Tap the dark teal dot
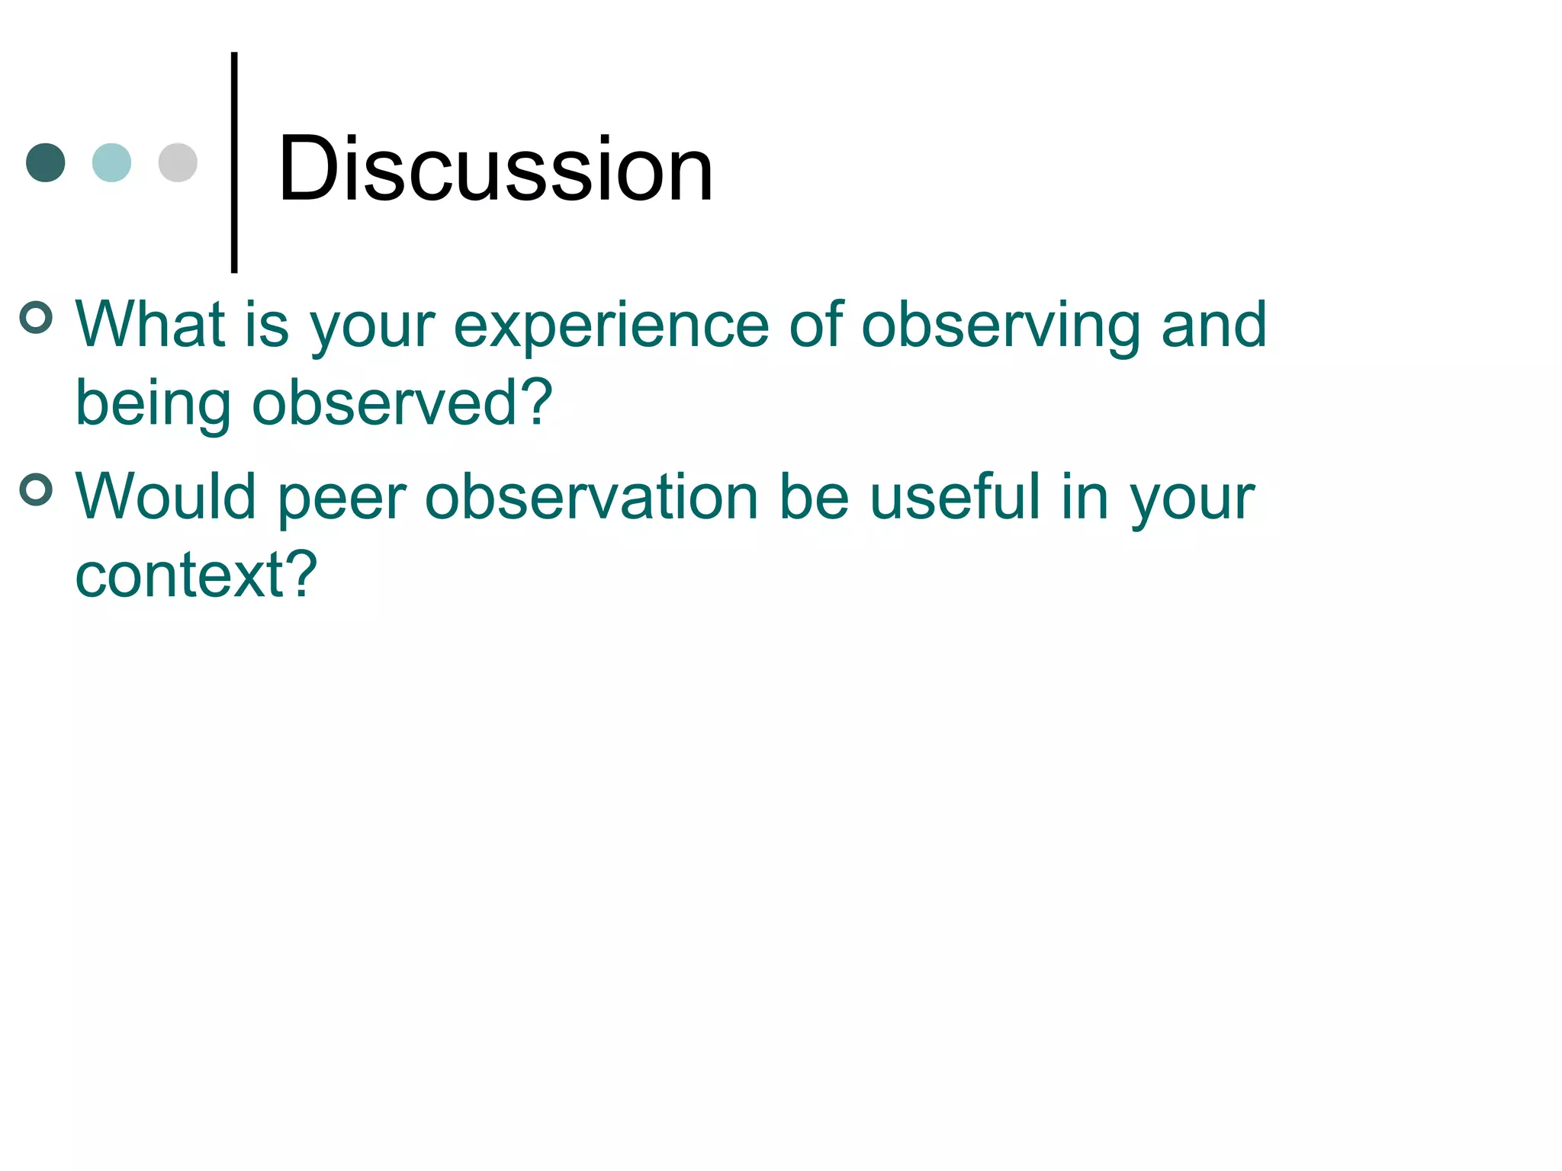(46, 162)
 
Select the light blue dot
(111, 162)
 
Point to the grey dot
(178, 162)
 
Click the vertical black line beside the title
(234, 162)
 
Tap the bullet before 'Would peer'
(36, 489)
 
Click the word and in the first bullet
(1213, 325)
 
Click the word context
(180, 576)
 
